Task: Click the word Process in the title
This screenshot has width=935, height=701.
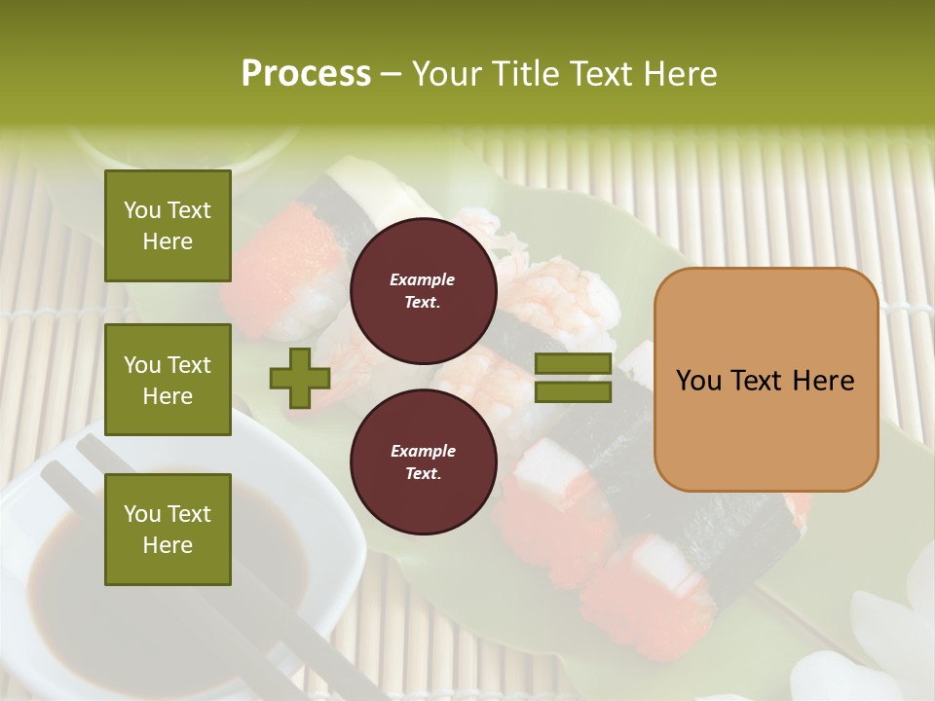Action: tap(306, 74)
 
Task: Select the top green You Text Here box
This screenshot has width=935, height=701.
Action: tap(168, 226)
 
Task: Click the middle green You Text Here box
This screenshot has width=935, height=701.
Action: tap(168, 380)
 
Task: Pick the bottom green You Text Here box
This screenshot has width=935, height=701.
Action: tap(168, 529)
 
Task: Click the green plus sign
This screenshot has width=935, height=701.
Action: tap(299, 378)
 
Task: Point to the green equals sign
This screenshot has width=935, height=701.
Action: tap(573, 378)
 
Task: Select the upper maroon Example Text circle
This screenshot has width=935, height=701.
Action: tap(423, 290)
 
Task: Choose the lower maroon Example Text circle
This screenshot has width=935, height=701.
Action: tap(423, 461)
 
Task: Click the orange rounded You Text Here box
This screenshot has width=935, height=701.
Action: tap(766, 380)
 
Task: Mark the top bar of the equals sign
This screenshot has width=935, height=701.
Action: tap(573, 364)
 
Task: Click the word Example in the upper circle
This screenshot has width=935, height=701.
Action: tap(423, 279)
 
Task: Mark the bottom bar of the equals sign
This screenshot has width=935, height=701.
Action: tap(573, 392)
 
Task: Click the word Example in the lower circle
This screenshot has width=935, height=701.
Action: tap(423, 451)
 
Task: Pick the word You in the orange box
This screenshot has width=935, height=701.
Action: tap(698, 381)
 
